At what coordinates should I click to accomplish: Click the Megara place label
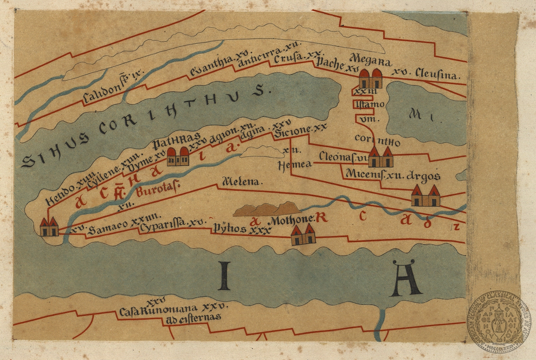click(371, 61)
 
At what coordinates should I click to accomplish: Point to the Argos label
click(424, 176)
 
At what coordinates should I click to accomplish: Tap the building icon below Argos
click(425, 195)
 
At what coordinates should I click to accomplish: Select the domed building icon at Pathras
click(178, 156)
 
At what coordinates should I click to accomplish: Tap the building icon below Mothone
click(303, 235)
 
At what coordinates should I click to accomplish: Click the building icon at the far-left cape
click(49, 227)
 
